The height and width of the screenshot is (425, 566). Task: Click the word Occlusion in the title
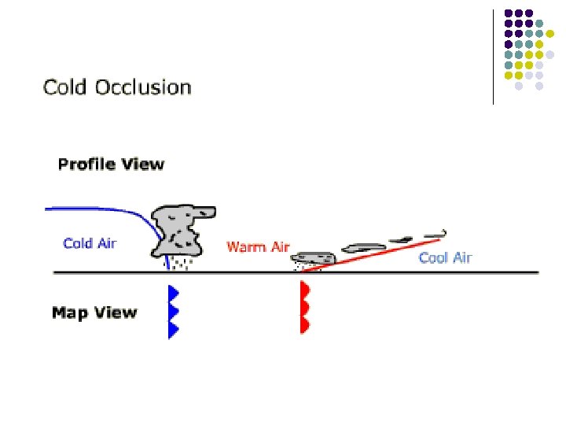[x=143, y=87]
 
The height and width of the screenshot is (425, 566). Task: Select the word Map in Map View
[x=68, y=312]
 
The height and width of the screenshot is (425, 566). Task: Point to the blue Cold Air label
[x=90, y=243]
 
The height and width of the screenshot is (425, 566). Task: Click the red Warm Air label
[x=258, y=247]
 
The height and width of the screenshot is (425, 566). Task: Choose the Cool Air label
[x=445, y=257]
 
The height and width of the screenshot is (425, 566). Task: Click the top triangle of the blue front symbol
[x=174, y=294]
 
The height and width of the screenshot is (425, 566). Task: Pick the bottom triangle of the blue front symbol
[x=174, y=329]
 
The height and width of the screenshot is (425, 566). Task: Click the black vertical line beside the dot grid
[x=493, y=55]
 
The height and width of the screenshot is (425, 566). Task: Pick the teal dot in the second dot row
[x=528, y=34]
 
